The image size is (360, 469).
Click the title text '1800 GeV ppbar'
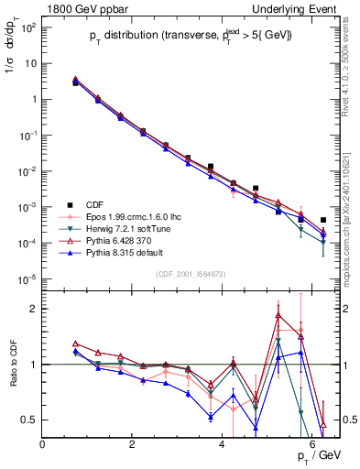(80, 7)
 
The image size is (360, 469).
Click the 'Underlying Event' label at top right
(296, 7)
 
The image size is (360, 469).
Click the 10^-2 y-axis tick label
(27, 170)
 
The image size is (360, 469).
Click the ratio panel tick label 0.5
(29, 420)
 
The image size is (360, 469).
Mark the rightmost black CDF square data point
(323, 221)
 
